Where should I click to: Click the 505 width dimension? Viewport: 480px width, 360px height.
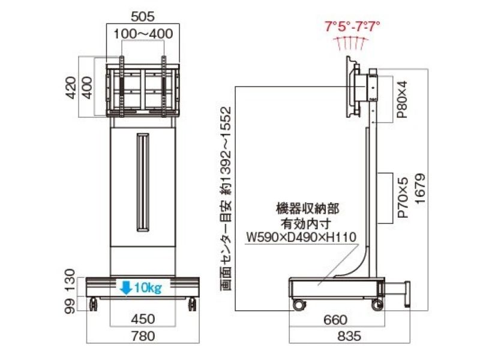coord(143,17)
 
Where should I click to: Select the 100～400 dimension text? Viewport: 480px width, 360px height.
coord(143,34)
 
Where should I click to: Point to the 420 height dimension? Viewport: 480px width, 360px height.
coord(71,88)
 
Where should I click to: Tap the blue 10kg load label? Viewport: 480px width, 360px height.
coord(148,288)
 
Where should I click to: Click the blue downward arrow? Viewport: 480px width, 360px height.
coord(126,288)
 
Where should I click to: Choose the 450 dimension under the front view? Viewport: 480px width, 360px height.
coord(143,319)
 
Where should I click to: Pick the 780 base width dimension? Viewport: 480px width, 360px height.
coord(143,336)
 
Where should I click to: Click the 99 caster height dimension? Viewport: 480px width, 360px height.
coord(70,306)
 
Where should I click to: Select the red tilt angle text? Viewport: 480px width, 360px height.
coord(352,26)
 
